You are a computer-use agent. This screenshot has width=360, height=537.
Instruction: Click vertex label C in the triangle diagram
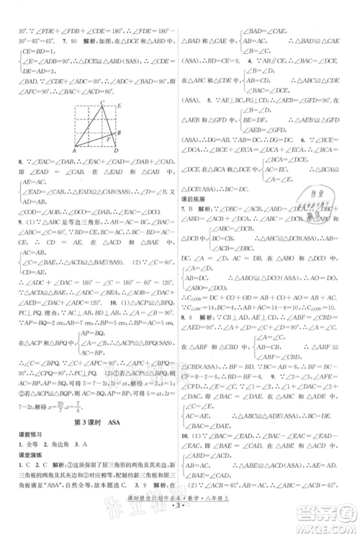[102, 103]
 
